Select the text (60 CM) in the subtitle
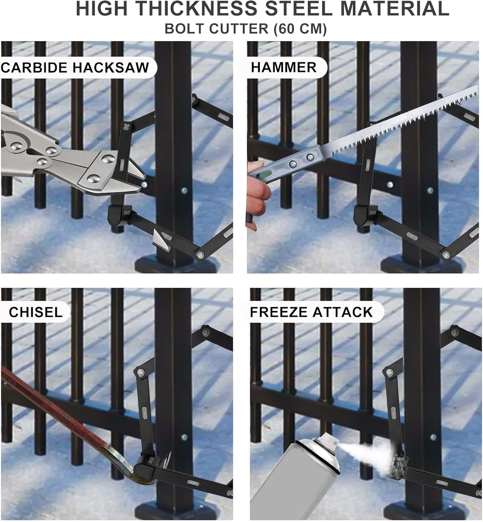click(x=300, y=29)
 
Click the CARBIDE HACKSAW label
click(x=75, y=68)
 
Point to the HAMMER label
click(x=284, y=67)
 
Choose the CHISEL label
click(x=36, y=312)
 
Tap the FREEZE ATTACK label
click(x=311, y=312)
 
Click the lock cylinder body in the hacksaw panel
click(x=120, y=215)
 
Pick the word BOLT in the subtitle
click(x=185, y=29)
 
